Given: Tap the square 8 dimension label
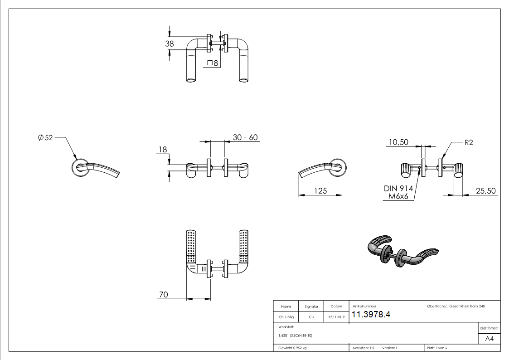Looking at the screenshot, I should (213, 63).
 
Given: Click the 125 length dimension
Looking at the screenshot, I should (320, 191).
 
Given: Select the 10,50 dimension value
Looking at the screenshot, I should (398, 142).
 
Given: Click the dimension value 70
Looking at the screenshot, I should (163, 294).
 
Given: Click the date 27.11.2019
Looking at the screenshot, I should (336, 317).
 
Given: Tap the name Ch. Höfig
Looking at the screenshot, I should (286, 317).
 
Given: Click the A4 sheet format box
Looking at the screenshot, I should (489, 339).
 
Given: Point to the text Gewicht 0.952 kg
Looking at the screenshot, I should (292, 348).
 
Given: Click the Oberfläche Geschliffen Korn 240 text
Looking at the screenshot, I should (456, 306).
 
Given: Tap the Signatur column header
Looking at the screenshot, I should (311, 307).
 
